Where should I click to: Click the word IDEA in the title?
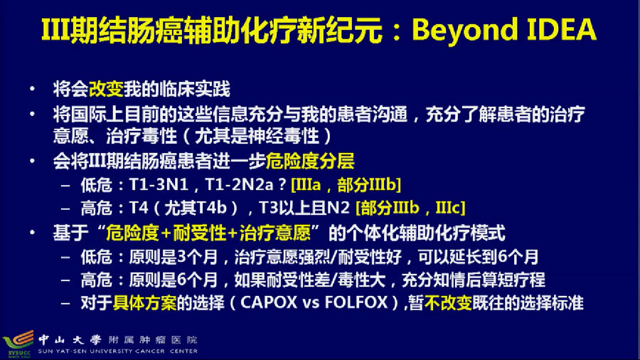[562, 29]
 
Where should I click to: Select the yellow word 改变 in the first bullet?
[106, 88]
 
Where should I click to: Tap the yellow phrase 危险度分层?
[310, 161]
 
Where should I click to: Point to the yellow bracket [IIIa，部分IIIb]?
[346, 184]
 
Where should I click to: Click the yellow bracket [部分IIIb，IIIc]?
[410, 208]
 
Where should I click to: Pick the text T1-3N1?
[159, 184]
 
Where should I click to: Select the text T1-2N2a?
[239, 184]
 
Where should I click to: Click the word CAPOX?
[269, 302]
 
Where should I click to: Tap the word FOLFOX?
[356, 302]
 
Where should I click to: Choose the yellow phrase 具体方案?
[144, 303]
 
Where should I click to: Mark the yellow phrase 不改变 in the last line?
[448, 303]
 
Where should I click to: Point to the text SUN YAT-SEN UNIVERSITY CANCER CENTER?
[118, 351]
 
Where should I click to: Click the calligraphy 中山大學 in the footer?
[70, 339]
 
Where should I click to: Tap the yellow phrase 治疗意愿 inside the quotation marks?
[274, 233]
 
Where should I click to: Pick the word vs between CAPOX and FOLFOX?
[311, 303]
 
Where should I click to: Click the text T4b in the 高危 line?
[211, 208]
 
